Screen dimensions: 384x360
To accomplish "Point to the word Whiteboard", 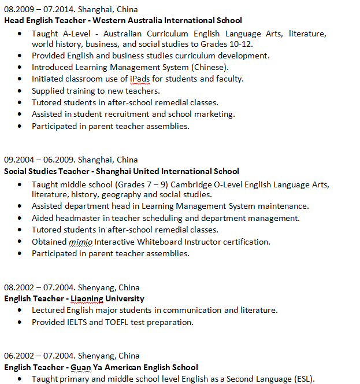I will (162, 242).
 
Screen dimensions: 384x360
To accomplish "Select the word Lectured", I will (50, 310).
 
